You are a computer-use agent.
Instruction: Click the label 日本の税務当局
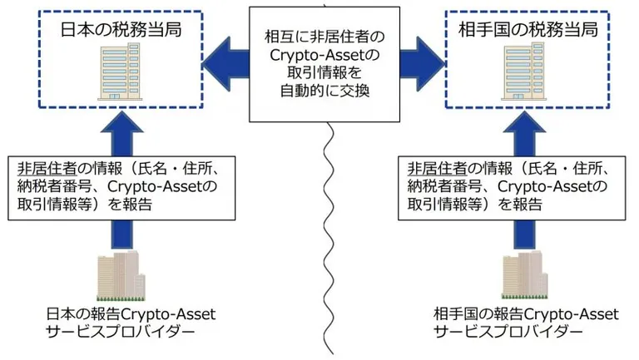pyautogui.click(x=121, y=30)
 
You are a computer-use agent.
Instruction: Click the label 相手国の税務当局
pyautogui.click(x=528, y=30)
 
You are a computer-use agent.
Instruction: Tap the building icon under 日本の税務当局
pyautogui.click(x=119, y=72)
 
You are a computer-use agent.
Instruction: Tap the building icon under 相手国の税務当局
pyautogui.click(x=523, y=72)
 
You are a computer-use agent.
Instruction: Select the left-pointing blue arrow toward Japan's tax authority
pyautogui.click(x=225, y=64)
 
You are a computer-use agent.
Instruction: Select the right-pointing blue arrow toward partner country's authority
pyautogui.click(x=423, y=64)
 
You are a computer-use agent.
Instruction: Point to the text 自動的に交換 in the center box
pyautogui.click(x=324, y=91)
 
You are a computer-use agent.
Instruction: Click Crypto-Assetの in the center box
pyautogui.click(x=324, y=55)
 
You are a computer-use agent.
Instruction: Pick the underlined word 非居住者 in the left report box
pyautogui.click(x=47, y=168)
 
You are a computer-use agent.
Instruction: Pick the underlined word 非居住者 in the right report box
pyautogui.click(x=438, y=168)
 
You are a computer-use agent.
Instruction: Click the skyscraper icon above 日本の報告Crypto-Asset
pyautogui.click(x=121, y=276)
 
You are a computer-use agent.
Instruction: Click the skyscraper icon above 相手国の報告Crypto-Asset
pyautogui.click(x=525, y=276)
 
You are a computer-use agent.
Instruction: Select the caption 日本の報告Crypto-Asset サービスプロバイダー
pyautogui.click(x=131, y=323)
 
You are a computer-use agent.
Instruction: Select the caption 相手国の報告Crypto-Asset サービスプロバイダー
pyautogui.click(x=526, y=323)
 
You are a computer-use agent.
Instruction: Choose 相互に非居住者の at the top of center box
pyautogui.click(x=324, y=37)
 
